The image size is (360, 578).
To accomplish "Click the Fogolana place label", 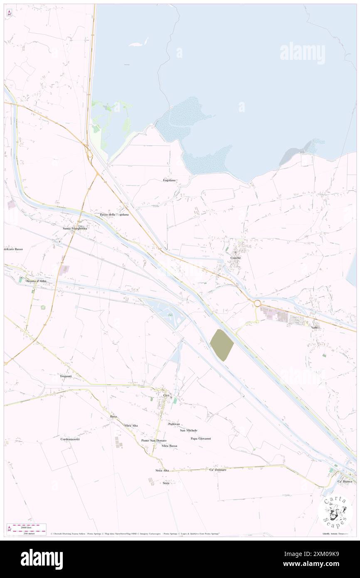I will [170, 180].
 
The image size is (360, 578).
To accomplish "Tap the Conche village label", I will [235, 258].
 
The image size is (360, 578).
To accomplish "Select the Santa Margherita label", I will [75, 229].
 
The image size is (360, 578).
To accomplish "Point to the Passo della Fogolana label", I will [114, 215].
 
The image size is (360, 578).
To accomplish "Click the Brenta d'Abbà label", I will [37, 281].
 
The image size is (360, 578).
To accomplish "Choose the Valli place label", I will [315, 328].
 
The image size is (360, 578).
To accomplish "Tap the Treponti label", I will [66, 376].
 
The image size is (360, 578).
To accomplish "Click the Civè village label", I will [167, 395].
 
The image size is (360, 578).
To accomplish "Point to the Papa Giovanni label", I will [201, 438].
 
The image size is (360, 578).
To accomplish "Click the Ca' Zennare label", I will [218, 470].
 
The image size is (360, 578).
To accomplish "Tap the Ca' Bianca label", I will [345, 481].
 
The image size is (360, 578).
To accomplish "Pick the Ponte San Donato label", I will [154, 440].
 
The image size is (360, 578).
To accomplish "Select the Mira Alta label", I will [131, 425].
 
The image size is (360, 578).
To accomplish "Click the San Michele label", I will [189, 430].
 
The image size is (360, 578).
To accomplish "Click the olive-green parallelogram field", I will [221, 345].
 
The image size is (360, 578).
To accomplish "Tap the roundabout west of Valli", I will [257, 304].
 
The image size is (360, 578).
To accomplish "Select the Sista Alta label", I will [162, 470].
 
